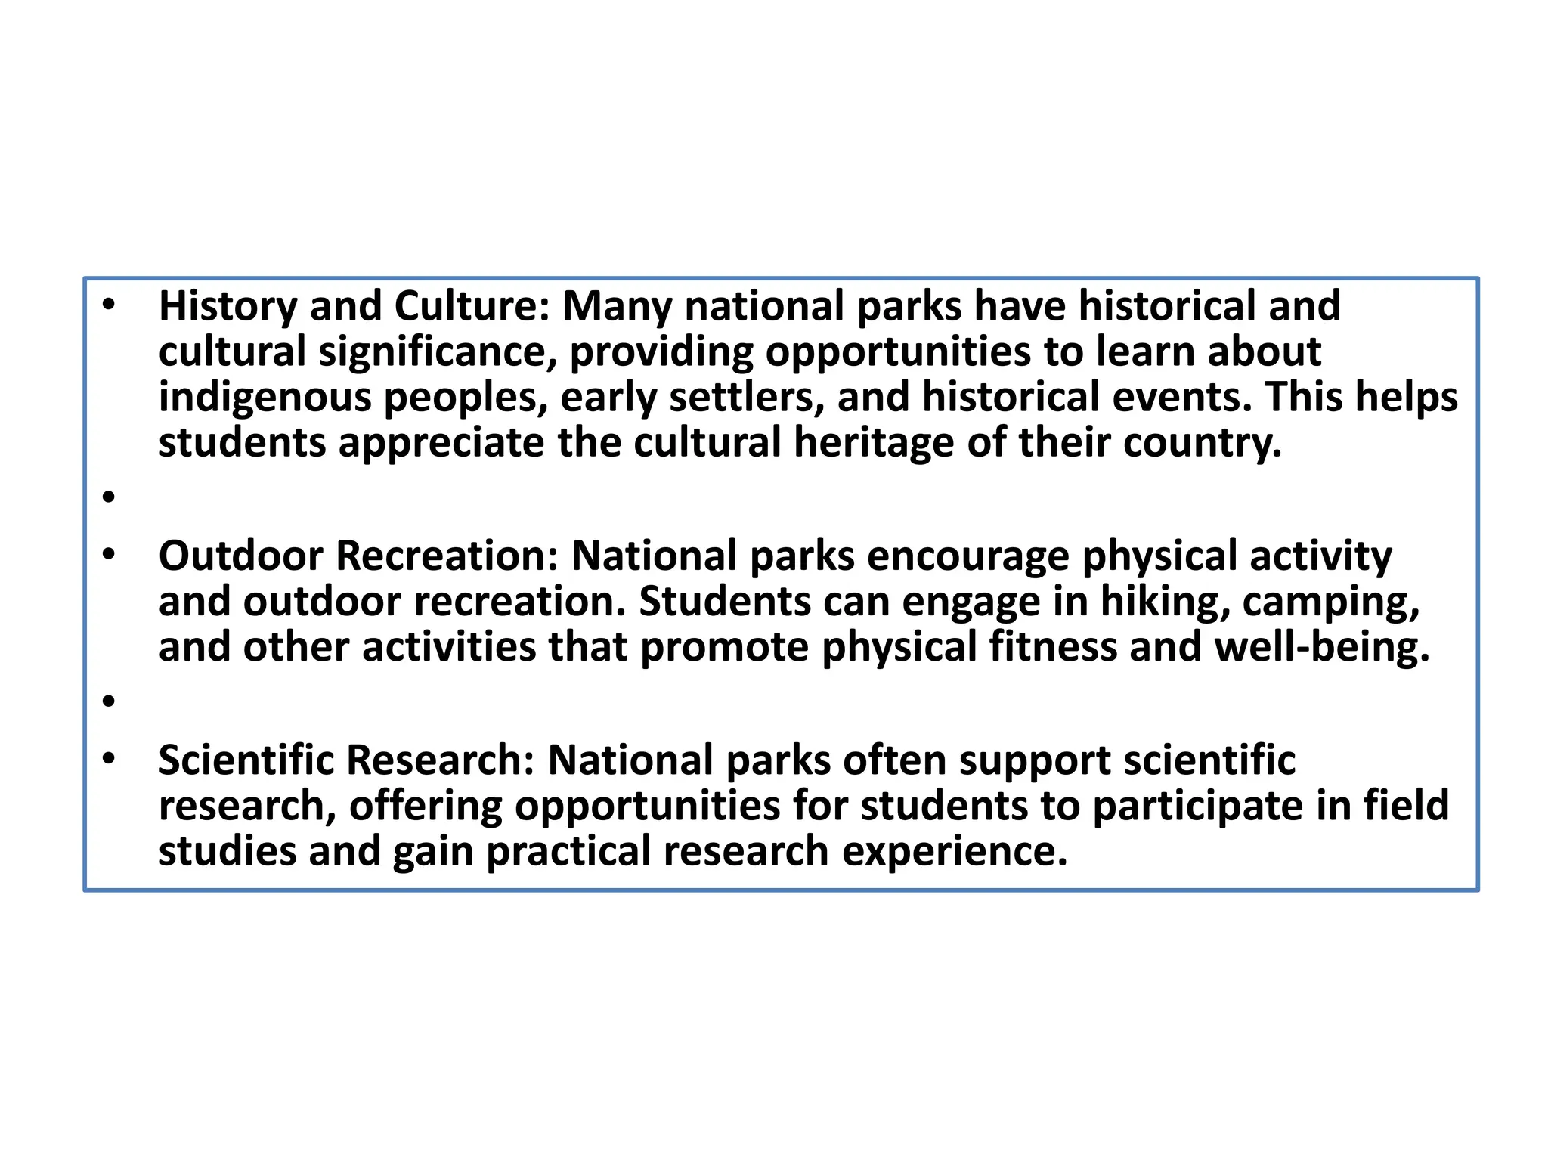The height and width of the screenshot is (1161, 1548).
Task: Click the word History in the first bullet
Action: point(228,307)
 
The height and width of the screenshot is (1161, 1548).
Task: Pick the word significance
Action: point(438,352)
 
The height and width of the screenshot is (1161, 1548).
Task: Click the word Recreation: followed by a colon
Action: point(447,556)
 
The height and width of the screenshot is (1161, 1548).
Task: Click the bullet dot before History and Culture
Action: point(109,305)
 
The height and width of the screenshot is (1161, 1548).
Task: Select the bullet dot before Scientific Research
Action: point(109,757)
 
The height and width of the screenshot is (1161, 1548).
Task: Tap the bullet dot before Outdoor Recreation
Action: point(109,554)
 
